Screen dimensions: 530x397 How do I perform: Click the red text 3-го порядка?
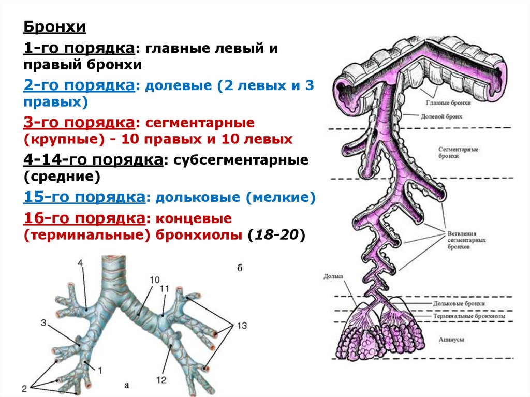coord(79,123)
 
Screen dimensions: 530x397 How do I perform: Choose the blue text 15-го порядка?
coord(83,197)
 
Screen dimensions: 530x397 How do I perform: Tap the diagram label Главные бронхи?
coord(453,104)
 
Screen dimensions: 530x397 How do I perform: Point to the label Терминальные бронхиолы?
coord(469,316)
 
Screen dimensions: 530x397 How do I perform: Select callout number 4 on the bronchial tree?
coord(80,263)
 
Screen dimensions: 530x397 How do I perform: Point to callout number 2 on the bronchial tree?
coord(24,387)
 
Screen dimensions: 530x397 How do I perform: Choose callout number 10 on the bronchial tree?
coord(155,280)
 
